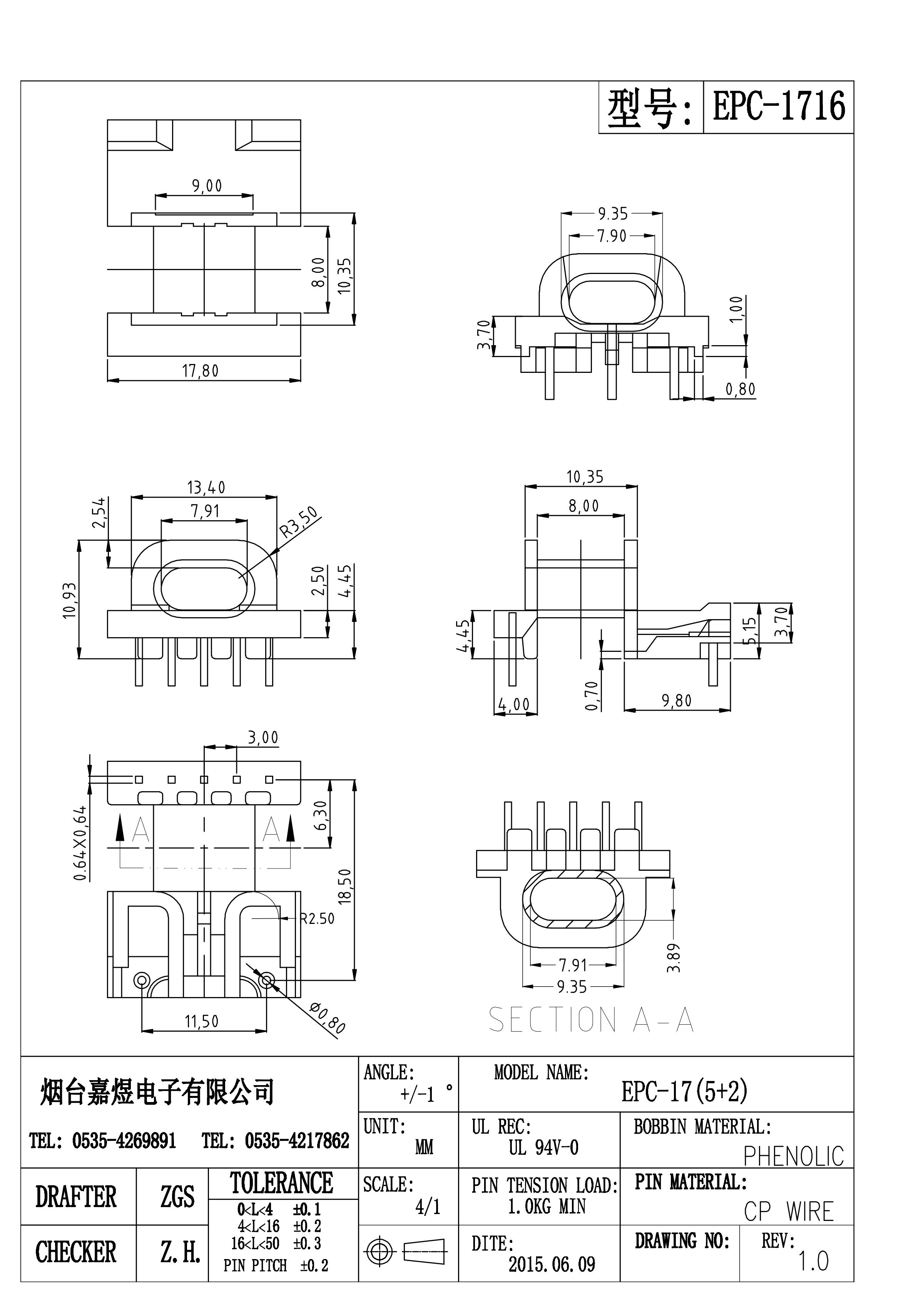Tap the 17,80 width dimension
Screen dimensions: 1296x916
point(200,371)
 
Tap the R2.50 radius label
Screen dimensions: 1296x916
point(318,919)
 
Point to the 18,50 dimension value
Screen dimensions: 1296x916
point(344,886)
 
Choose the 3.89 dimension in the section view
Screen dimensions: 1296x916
point(674,958)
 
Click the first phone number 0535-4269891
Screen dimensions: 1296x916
point(124,1141)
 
